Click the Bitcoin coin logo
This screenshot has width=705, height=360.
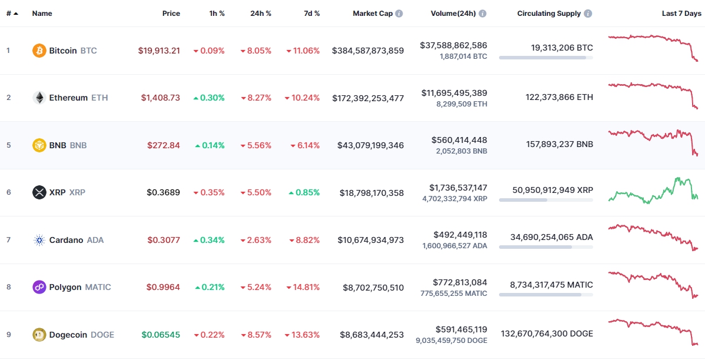click(39, 51)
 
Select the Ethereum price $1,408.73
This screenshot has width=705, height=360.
click(160, 98)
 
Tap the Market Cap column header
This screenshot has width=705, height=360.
click(373, 13)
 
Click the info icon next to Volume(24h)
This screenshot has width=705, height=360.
click(483, 13)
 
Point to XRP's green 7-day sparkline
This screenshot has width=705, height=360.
click(653, 191)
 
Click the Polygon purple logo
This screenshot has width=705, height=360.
click(39, 287)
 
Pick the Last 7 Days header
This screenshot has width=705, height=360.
click(681, 13)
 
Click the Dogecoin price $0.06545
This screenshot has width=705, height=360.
click(161, 335)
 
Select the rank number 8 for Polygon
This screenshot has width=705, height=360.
click(8, 287)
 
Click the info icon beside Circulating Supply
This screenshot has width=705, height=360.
click(588, 13)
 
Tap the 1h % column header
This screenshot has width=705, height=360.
click(217, 13)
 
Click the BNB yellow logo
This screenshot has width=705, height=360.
click(39, 145)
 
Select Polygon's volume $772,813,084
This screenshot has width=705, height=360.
click(459, 282)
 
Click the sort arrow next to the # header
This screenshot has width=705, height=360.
click(15, 13)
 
